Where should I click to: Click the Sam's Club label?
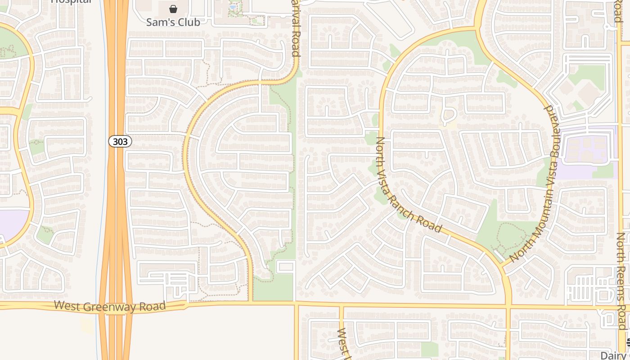[173, 22]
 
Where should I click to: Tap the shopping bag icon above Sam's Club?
[173, 9]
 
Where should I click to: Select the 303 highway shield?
[120, 141]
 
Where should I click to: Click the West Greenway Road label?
[110, 306]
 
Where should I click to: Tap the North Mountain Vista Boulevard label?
[534, 184]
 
